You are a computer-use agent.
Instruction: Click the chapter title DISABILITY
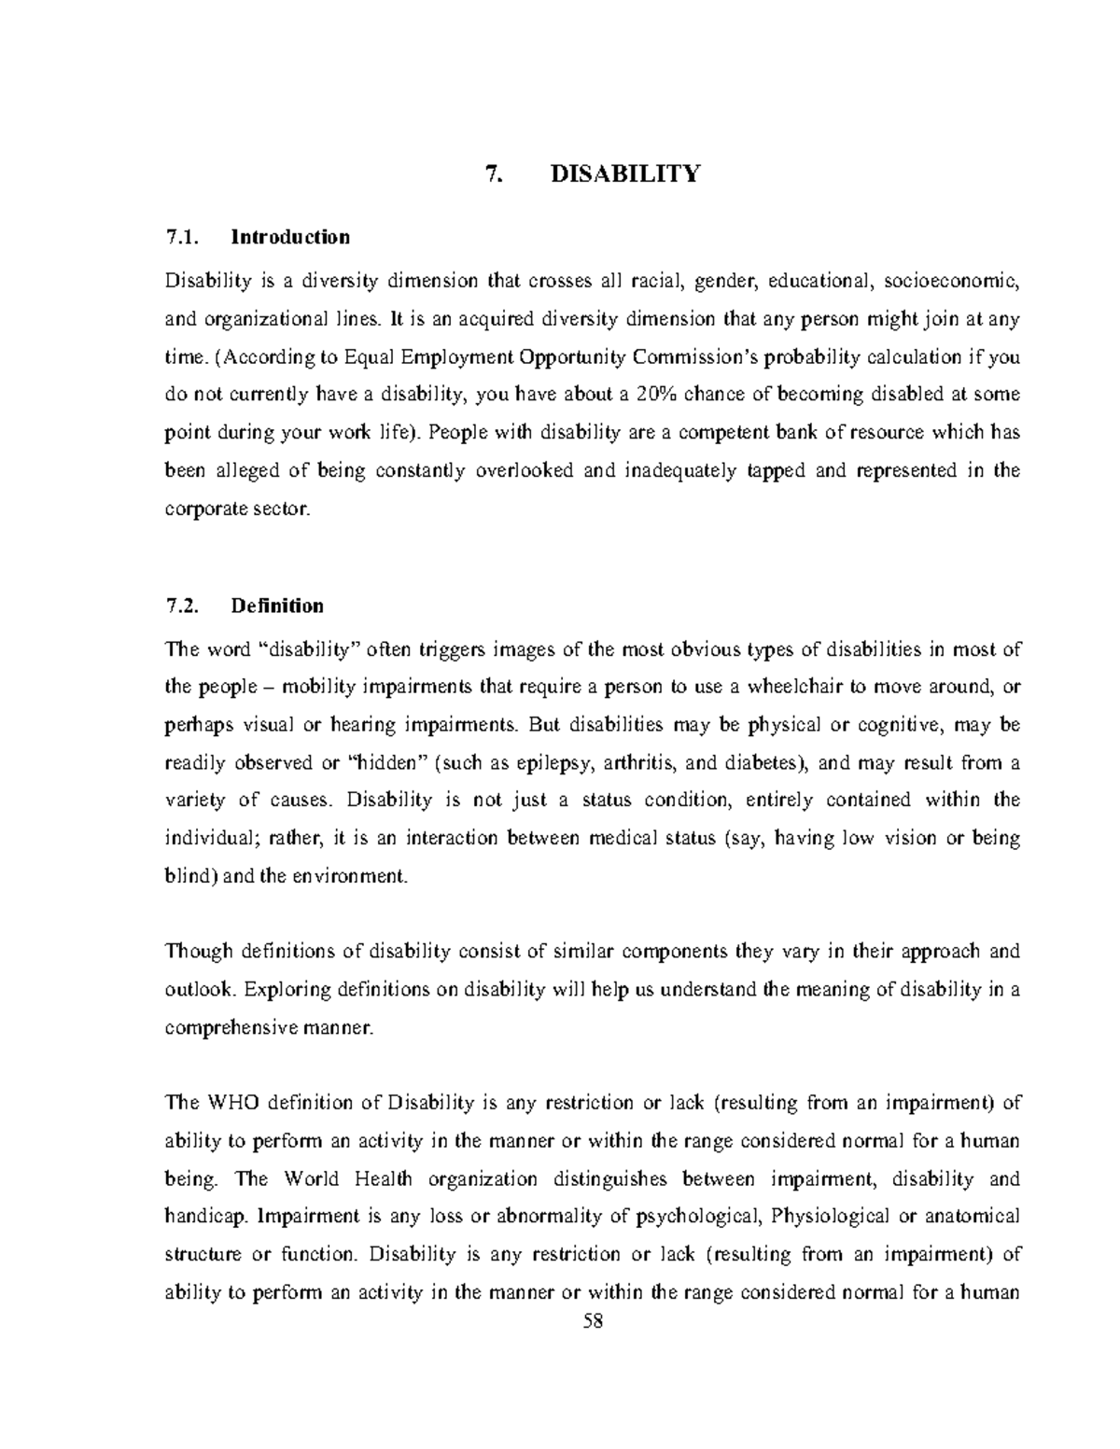pyautogui.click(x=625, y=174)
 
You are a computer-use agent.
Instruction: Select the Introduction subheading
pyautogui.click(x=290, y=237)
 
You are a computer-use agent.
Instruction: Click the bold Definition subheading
pyautogui.click(x=277, y=606)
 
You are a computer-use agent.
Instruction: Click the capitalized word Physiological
pyautogui.click(x=829, y=1217)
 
